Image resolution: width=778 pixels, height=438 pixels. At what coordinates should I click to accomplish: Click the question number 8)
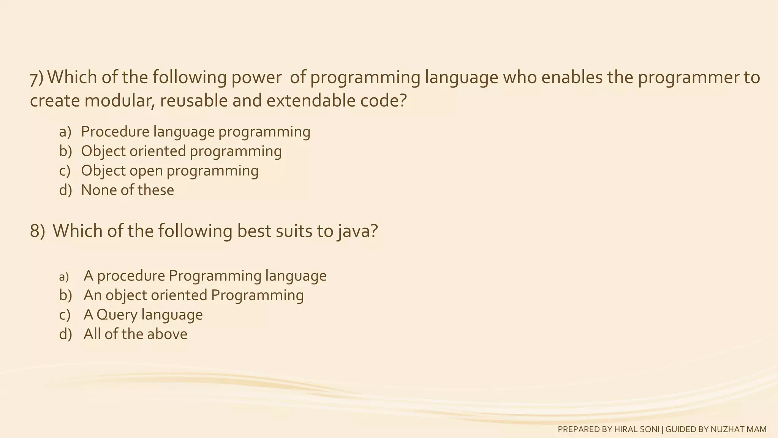[x=37, y=231]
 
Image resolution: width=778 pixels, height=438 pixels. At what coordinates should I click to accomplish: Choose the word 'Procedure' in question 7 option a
[x=115, y=132]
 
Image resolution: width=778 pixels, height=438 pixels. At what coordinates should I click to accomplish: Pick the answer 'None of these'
[x=127, y=190]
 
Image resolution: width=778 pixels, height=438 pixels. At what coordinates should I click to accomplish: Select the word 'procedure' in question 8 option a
[x=131, y=276]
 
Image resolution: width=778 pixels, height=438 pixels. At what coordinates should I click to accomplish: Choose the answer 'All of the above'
[x=135, y=334]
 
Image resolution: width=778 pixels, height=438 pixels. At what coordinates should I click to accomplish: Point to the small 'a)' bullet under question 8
[x=64, y=277]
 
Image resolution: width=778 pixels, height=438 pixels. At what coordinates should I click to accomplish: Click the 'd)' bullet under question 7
[x=65, y=190]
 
